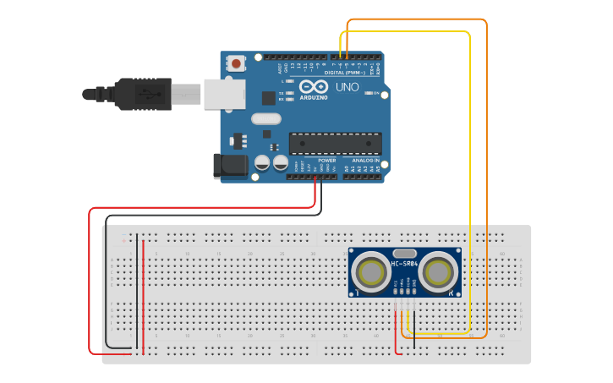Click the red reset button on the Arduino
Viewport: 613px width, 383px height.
(237, 63)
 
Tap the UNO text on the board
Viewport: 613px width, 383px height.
(348, 87)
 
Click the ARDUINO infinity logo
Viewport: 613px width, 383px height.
(313, 87)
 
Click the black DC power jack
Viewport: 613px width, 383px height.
(230, 166)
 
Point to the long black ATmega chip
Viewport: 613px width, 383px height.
(335, 144)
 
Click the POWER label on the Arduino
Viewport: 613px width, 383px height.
(326, 160)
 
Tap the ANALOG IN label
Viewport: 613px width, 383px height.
(365, 160)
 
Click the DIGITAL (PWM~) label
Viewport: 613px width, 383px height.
(346, 72)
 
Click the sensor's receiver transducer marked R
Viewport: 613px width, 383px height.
(438, 273)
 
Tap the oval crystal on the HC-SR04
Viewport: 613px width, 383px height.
(405, 253)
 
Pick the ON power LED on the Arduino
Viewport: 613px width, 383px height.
(369, 93)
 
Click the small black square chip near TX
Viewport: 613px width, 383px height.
(268, 98)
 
